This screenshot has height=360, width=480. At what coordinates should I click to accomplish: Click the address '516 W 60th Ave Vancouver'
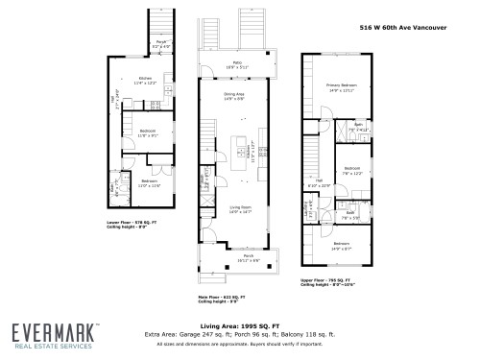pos(423,29)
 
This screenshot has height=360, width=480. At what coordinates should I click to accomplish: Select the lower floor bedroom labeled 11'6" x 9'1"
pos(147,132)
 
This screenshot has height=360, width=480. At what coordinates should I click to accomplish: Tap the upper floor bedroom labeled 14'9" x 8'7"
pos(342,246)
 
